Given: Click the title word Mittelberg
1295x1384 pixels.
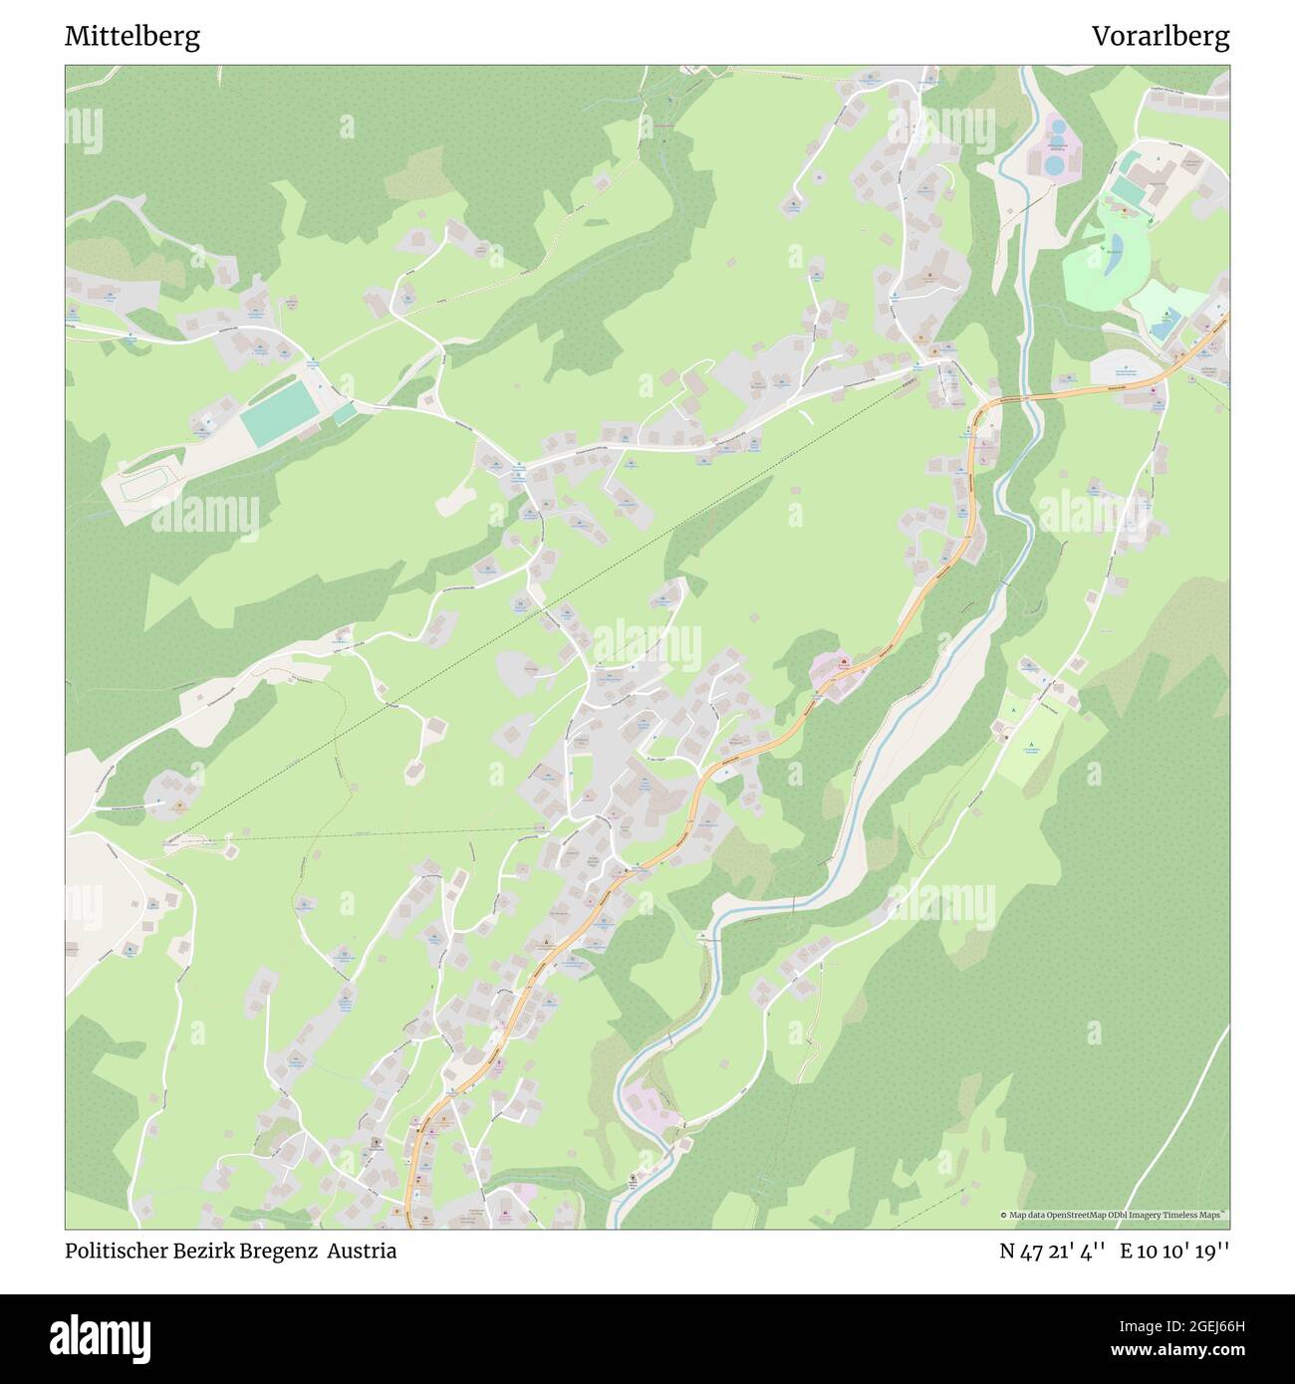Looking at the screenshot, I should pos(132,37).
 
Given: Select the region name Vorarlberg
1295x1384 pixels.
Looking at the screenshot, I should pos(1160,37).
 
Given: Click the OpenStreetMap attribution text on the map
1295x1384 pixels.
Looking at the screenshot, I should pos(1114,1215).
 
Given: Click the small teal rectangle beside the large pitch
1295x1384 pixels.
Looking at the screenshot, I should pos(345,413).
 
